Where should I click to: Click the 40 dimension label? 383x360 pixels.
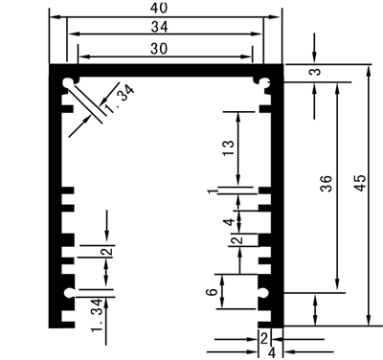pos(159,8)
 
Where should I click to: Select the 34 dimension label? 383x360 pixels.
pos(159,27)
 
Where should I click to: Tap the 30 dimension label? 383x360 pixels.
pos(159,49)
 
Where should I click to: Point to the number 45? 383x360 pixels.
pos(361,183)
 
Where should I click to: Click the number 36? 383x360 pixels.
pos(327,183)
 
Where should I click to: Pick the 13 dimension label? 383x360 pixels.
pos(229,147)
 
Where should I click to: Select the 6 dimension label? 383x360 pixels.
pos(212,292)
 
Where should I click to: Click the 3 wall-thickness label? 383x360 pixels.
pos(316,71)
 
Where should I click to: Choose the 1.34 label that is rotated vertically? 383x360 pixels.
pos(97,315)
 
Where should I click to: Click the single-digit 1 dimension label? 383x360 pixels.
pos(212,191)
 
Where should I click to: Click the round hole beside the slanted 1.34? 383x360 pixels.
pos(68,83)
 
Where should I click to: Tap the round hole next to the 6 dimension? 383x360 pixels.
pos(264,292)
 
